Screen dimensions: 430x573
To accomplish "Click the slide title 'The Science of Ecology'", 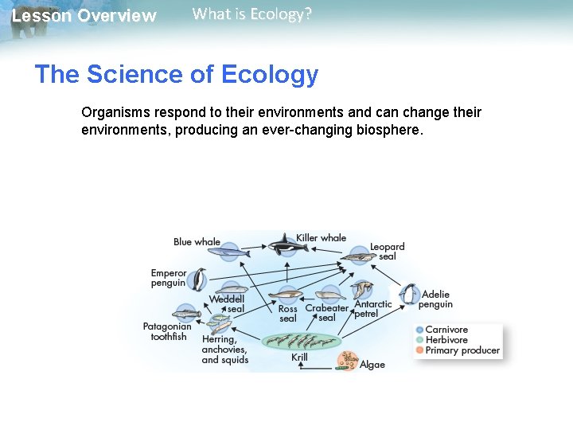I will coord(176,75).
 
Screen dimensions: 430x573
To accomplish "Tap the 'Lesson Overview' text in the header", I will coord(84,16).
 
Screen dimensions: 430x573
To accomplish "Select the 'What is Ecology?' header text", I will coord(252,14).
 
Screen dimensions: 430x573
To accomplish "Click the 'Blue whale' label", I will coord(197,242).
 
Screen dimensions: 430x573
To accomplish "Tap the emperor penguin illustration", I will coord(197,279).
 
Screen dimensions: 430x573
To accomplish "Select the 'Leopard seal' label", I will coord(388,252).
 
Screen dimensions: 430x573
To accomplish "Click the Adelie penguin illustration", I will coord(409,295).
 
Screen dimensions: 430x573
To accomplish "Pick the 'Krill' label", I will coord(299,358).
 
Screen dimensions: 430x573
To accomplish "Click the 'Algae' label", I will coord(372,365).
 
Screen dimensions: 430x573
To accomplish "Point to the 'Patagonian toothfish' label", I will coord(167,331).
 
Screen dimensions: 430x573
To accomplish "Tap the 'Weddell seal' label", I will coord(227,304).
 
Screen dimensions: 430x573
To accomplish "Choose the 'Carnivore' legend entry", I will coord(446,330).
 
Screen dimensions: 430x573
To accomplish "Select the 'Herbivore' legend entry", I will coord(446,340).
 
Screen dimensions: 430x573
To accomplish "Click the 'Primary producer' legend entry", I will coord(462,350).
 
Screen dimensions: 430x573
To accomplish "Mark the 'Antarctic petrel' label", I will coord(372,309).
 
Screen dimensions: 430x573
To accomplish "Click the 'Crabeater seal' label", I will coord(326,313).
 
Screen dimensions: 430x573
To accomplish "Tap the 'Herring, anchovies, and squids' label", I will coord(224,350).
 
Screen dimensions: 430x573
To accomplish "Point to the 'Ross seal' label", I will coord(287,314).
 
